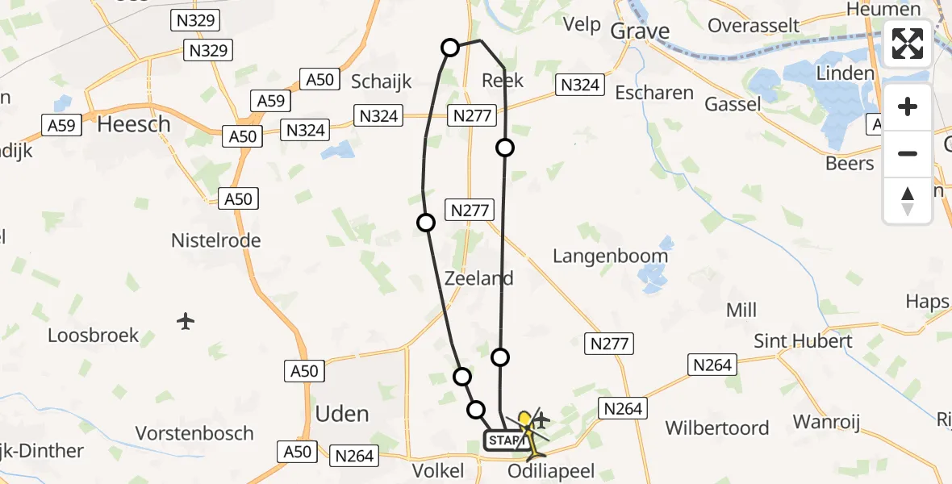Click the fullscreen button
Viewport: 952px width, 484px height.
908,44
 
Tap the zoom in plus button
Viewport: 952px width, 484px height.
908,106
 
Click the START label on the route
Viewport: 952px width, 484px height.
506,440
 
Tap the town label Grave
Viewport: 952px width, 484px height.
640,31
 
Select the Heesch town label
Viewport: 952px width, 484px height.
134,124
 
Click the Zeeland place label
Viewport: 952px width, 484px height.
478,279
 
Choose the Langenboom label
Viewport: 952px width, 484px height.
610,257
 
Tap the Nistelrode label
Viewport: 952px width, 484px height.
216,240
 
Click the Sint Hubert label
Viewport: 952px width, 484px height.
803,341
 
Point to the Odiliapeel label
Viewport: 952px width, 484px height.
551,470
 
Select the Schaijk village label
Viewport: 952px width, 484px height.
382,81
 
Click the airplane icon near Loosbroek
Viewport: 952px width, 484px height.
186,321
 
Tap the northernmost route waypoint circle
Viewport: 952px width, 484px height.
450,48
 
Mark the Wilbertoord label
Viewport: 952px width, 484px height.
716,428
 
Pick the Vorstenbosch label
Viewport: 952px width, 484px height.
194,433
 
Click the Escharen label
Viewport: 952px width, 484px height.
654,93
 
